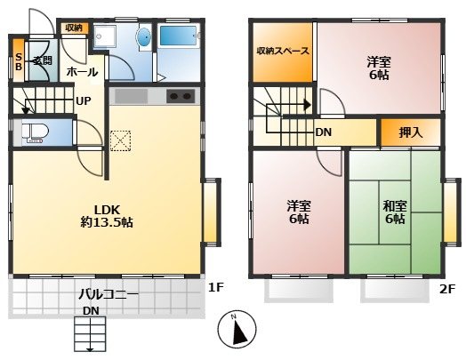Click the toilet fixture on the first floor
(35, 132)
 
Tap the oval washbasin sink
(145, 37)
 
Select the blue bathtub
(179, 36)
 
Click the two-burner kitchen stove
(181, 96)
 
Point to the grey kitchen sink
(131, 96)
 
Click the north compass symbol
(237, 329)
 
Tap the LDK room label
(107, 216)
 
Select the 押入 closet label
(411, 132)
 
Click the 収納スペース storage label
(283, 51)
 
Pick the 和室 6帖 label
(395, 212)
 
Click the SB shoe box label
(19, 62)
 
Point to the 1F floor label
(215, 287)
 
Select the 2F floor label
(447, 289)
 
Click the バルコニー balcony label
(108, 294)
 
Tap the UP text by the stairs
(83, 101)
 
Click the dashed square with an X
(120, 140)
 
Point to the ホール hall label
(82, 72)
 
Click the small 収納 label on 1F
(74, 28)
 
